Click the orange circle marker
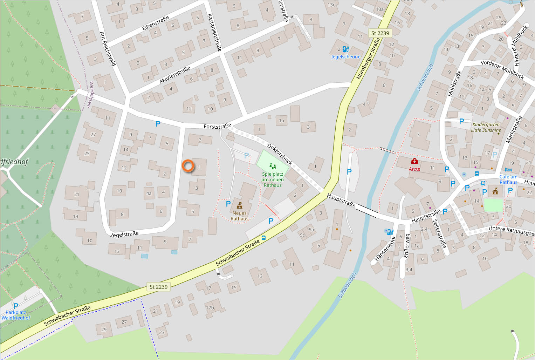tap(188, 166)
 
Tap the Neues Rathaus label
tap(239, 216)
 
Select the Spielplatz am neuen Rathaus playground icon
tap(273, 166)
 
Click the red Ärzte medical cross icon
tap(414, 161)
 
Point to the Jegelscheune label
tap(345, 57)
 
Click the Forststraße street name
tap(218, 126)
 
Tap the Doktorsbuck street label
tap(280, 154)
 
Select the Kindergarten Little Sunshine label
tap(486, 127)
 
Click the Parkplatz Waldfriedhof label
tap(16, 315)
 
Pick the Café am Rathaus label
tap(508, 179)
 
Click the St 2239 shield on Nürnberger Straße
tap(380, 33)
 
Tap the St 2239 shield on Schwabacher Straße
tap(158, 287)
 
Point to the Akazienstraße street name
tap(175, 75)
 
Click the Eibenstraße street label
tap(156, 23)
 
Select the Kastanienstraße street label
tap(214, 32)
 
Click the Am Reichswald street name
tap(108, 49)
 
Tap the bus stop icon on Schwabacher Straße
tap(263, 238)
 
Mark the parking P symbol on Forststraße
tap(158, 123)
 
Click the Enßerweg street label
tap(406, 246)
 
